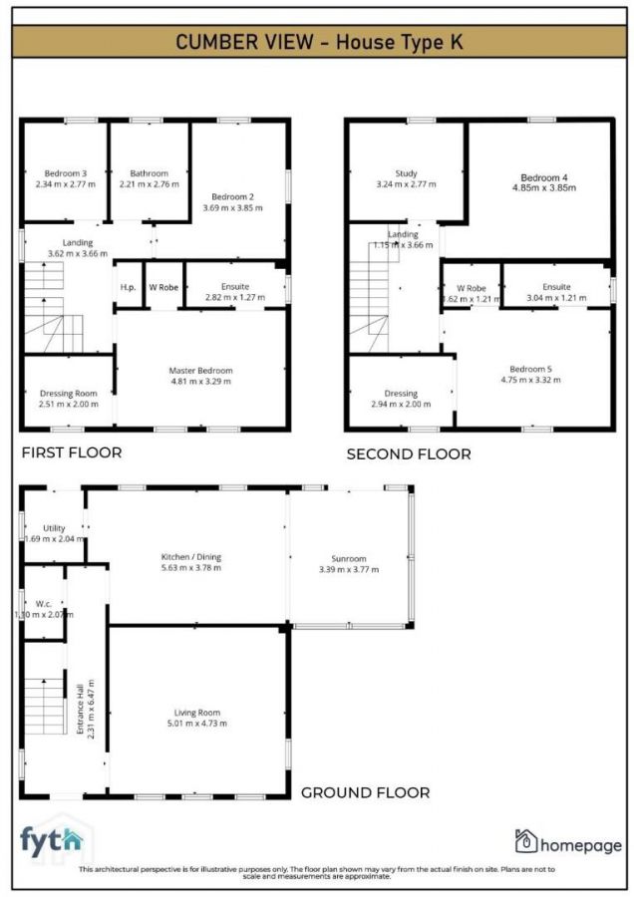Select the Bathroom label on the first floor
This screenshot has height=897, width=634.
pyautogui.click(x=150, y=172)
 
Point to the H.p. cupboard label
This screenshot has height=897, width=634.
pyautogui.click(x=129, y=287)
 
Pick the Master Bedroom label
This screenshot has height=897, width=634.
pyautogui.click(x=200, y=370)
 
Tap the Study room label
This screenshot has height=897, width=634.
pyautogui.click(x=406, y=173)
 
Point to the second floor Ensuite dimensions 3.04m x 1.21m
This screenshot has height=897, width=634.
pyautogui.click(x=556, y=298)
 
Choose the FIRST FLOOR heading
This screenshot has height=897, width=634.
pyautogui.click(x=72, y=452)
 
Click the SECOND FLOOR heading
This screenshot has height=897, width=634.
pyautogui.click(x=409, y=453)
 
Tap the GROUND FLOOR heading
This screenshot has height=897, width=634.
pyautogui.click(x=366, y=792)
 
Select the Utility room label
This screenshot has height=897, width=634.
pyautogui.click(x=53, y=527)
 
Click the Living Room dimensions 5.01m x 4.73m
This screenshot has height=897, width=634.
pyautogui.click(x=196, y=723)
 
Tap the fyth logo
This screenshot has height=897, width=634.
pyautogui.click(x=53, y=841)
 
